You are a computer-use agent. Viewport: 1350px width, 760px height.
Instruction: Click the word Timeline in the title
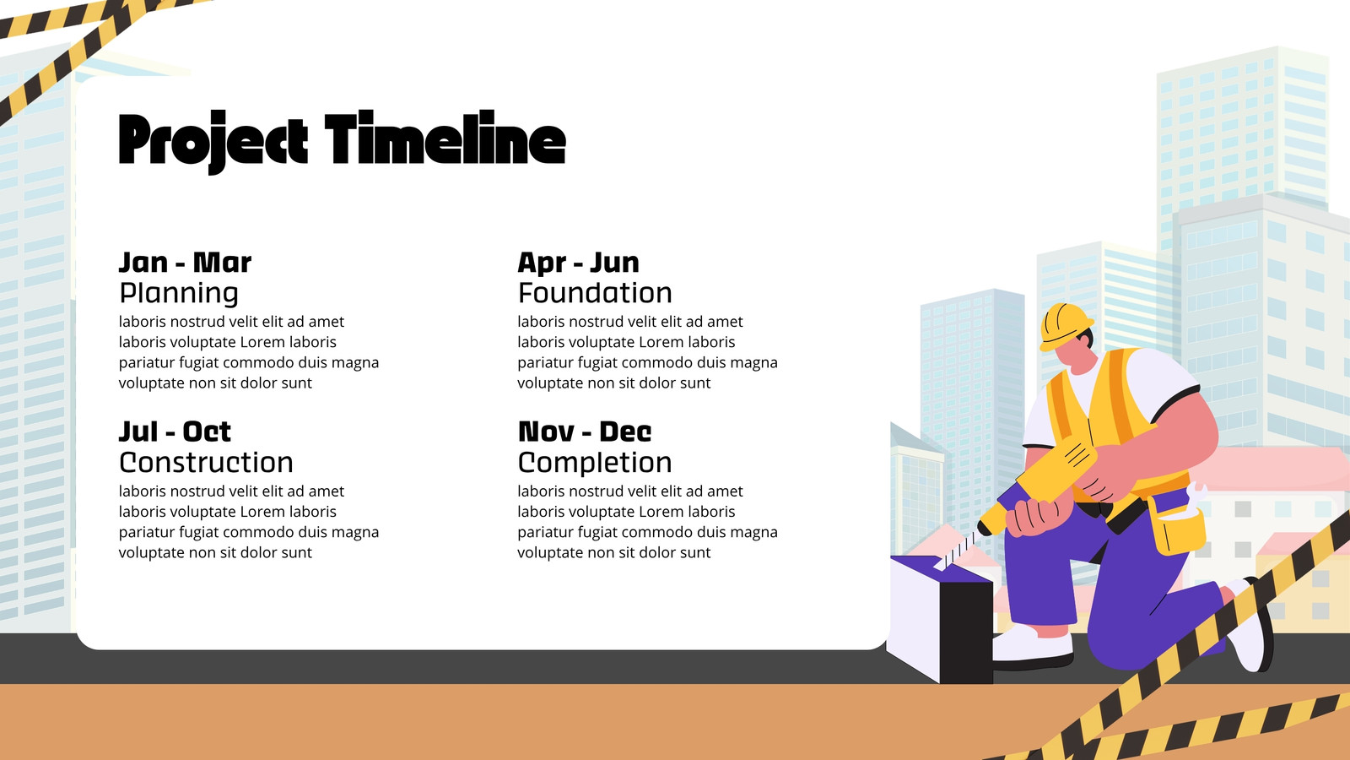click(445, 138)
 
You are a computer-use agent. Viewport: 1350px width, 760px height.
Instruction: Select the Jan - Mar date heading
click(185, 263)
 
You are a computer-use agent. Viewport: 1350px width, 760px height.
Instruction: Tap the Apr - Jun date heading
click(578, 263)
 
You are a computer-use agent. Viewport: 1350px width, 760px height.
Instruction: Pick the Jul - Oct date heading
click(175, 432)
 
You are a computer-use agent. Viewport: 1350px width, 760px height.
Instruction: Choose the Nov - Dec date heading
click(585, 432)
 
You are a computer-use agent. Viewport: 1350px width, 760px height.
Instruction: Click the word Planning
click(179, 293)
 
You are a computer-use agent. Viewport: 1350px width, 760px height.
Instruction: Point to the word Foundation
click(595, 292)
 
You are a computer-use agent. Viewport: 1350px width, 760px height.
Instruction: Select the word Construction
click(206, 463)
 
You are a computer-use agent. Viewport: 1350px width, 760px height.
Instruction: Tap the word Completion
click(595, 464)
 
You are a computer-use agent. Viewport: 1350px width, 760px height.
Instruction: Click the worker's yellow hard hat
click(1066, 326)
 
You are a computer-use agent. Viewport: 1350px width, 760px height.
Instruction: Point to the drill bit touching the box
click(955, 550)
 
